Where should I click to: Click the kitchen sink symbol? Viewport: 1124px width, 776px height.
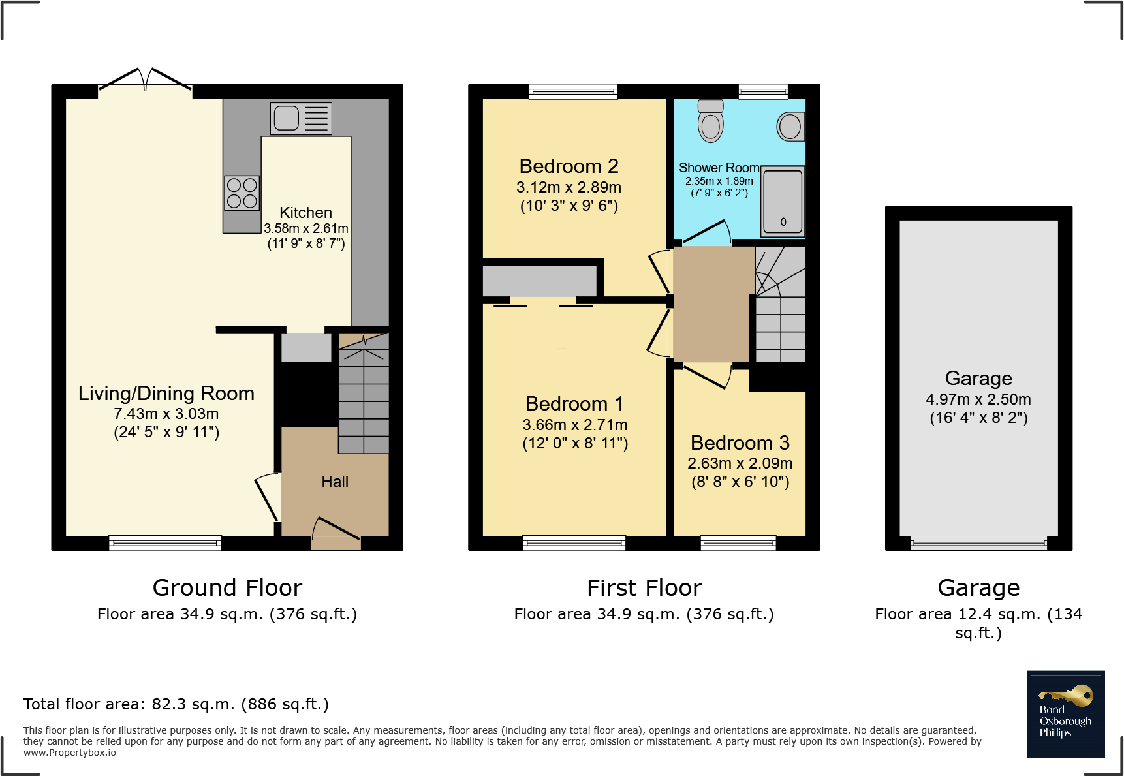click(x=301, y=118)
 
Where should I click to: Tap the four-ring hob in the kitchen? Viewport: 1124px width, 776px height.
click(x=242, y=193)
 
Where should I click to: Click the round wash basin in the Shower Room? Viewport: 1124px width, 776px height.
click(x=790, y=127)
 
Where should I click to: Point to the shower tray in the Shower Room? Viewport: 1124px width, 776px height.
click(x=783, y=201)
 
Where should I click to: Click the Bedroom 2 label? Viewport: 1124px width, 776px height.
click(x=569, y=166)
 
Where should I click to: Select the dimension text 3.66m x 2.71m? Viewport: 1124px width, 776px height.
click(x=574, y=425)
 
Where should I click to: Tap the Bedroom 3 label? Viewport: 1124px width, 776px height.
click(x=740, y=443)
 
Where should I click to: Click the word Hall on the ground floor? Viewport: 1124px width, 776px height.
click(x=335, y=482)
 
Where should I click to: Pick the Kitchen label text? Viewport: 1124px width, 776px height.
click(x=305, y=213)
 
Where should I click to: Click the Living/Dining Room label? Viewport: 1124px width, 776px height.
click(x=166, y=394)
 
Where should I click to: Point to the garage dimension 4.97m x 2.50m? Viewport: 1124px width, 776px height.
click(x=978, y=399)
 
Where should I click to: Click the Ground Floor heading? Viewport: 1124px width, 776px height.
click(x=227, y=588)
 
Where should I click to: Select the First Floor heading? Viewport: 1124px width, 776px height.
click(x=644, y=588)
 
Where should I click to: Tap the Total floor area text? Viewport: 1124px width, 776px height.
click(x=176, y=704)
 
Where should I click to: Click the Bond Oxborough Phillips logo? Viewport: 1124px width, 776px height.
click(x=1065, y=714)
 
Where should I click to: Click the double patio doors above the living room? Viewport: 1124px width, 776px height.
click(x=145, y=80)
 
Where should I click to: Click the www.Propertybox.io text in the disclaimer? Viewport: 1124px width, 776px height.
click(x=70, y=753)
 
